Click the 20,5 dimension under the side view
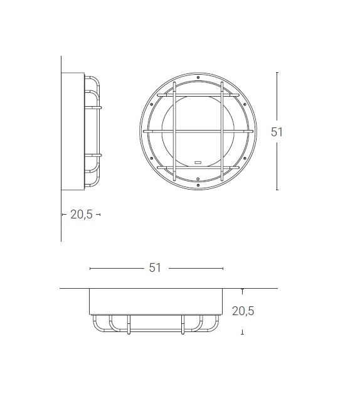(82, 214)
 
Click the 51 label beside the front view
(277, 132)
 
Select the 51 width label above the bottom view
(155, 268)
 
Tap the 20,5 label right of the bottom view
(243, 310)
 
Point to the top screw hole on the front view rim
(198, 78)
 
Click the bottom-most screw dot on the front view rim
(198, 186)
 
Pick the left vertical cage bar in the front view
(174, 131)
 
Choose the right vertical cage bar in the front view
(222, 131)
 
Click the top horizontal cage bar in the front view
(198, 95)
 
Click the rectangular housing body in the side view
(72, 132)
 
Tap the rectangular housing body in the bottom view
(156, 301)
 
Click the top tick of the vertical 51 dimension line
(277, 72)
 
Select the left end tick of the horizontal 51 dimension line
(90, 268)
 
